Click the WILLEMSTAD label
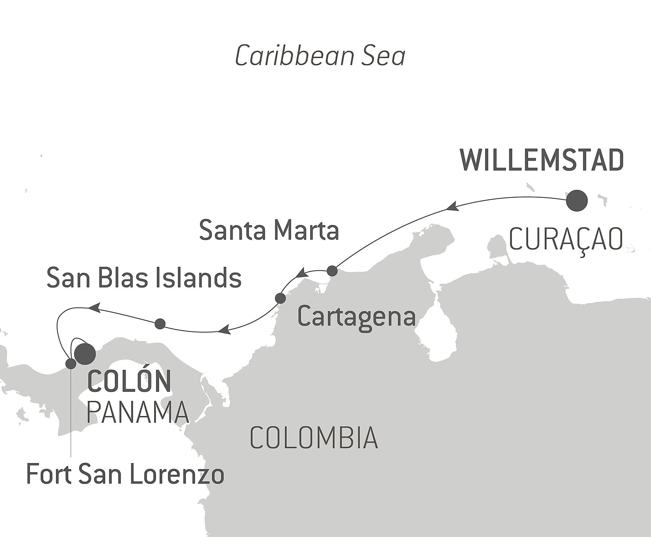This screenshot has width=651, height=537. coord(542,161)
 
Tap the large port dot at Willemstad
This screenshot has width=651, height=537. coord(577,200)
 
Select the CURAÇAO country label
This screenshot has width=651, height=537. coord(565,240)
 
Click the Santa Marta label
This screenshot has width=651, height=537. coord(269,230)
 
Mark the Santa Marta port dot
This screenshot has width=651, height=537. coord(332,271)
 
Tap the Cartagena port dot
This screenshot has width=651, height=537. coord(280,298)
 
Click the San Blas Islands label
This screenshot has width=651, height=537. coord(144,278)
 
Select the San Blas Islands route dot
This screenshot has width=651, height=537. coord(160,323)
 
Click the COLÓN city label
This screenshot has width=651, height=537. coord(129,381)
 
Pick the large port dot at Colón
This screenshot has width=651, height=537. coord(85,354)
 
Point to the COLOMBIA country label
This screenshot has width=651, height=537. coord(314,438)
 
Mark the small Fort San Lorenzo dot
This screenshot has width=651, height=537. coord(71,364)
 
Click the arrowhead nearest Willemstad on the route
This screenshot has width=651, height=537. coord(452,207)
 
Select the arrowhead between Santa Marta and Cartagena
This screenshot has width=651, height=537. coord(302,273)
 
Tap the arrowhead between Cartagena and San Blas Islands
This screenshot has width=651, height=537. coord(224,330)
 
